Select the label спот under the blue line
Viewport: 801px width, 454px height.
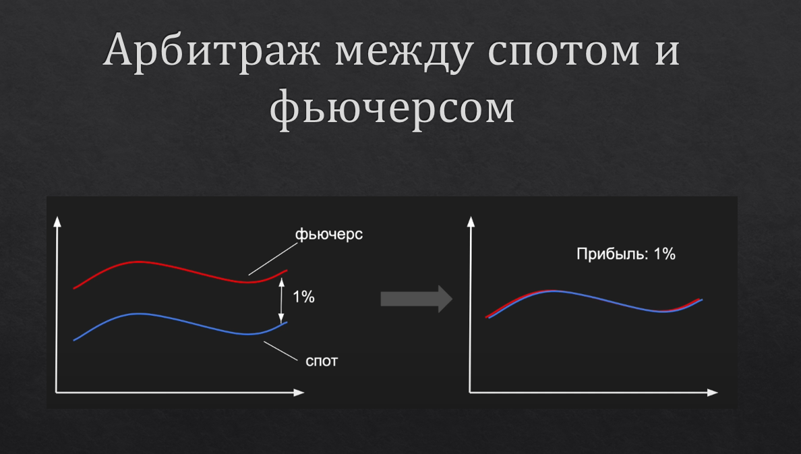pos(322,361)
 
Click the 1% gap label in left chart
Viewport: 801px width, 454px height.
pos(303,297)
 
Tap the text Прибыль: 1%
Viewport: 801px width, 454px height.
pos(626,254)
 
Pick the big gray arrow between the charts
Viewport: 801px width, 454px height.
pos(415,299)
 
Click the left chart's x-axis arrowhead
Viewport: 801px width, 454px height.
pos(299,391)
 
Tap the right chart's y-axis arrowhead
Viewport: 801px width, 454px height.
pos(470,221)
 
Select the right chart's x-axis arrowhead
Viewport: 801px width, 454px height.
pos(713,391)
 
